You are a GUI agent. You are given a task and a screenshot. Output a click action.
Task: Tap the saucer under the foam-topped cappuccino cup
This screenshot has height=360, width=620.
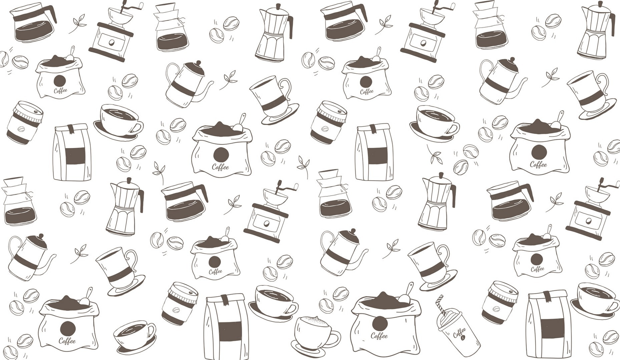[308, 350]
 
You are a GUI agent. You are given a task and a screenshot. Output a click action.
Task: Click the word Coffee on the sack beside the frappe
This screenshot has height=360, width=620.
[380, 335]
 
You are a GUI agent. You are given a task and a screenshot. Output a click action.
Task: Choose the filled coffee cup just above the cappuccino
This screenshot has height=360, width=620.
[275, 300]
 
